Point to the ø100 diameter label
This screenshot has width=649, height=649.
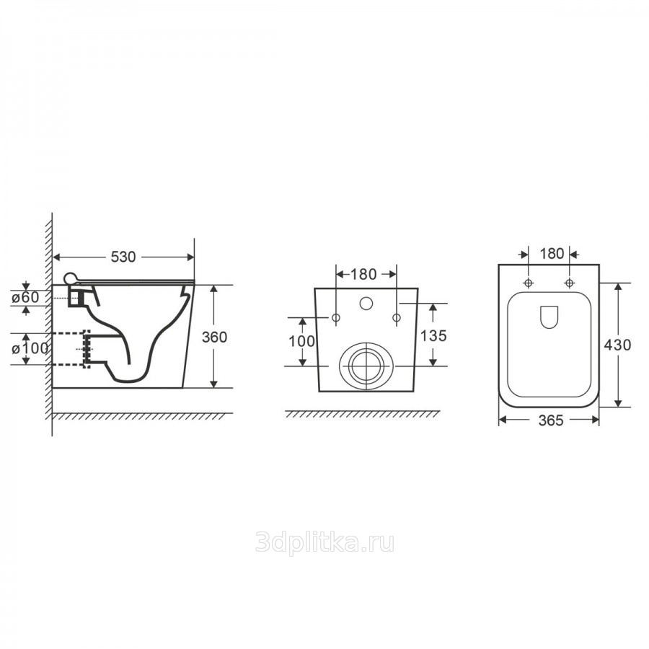(30, 348)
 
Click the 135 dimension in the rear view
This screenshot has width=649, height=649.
(433, 335)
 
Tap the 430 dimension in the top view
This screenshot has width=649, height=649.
(618, 345)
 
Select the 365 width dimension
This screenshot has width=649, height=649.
(549, 422)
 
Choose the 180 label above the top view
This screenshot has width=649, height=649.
(551, 253)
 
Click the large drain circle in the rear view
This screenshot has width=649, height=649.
(366, 365)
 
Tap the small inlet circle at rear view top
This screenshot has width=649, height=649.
(366, 302)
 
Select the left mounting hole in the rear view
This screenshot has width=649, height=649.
(336, 317)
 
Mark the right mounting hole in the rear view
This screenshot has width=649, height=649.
(396, 317)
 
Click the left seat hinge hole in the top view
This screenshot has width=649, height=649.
(529, 281)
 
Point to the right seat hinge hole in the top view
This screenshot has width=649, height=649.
(570, 281)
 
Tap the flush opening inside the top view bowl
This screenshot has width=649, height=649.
(549, 318)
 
